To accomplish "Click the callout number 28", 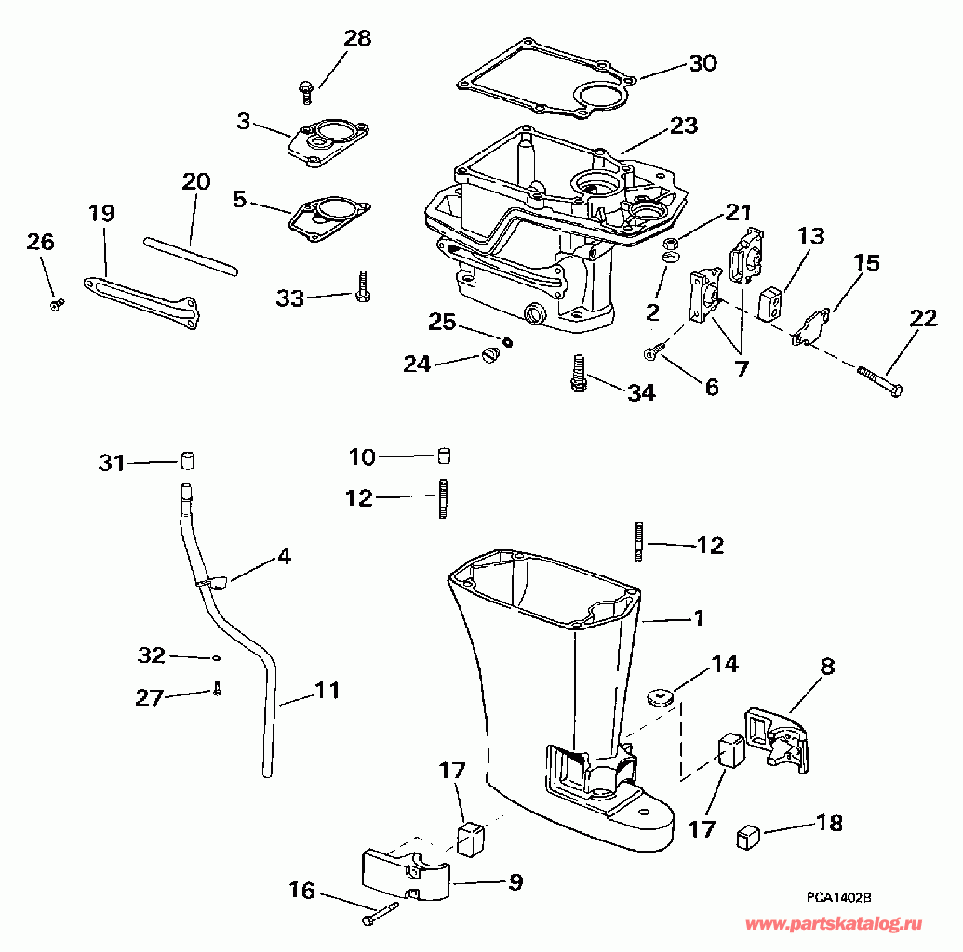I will pyautogui.click(x=357, y=38).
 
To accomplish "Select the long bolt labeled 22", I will pyautogui.click(x=878, y=382).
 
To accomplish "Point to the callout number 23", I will pyautogui.click(x=684, y=125).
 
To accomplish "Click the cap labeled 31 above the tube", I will pyautogui.click(x=189, y=460).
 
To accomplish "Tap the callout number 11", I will pyautogui.click(x=327, y=691).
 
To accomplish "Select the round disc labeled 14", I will pyautogui.click(x=662, y=694).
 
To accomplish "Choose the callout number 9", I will pyautogui.click(x=515, y=881).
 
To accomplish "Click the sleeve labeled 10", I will pyautogui.click(x=444, y=456).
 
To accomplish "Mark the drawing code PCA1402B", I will pyautogui.click(x=838, y=897).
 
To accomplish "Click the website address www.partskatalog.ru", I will pyautogui.click(x=836, y=924).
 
